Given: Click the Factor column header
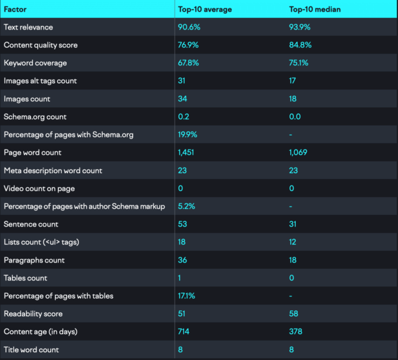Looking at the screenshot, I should coord(15,10).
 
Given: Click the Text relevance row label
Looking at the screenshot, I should coord(28,28).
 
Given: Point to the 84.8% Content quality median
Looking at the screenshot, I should coord(301,46).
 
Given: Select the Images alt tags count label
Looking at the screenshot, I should coord(40,81).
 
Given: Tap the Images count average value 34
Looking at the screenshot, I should coord(183,99).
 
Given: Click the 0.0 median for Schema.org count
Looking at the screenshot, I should coord(296,117).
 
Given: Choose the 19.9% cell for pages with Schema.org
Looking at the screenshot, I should coord(189,135).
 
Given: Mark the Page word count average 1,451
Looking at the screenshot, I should coord(187,153).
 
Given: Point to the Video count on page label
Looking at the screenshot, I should coord(40,189).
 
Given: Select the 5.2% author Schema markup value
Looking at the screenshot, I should coord(187,207).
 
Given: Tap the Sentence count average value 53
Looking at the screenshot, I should coord(183,225).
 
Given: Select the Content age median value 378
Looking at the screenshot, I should coord(297,332).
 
